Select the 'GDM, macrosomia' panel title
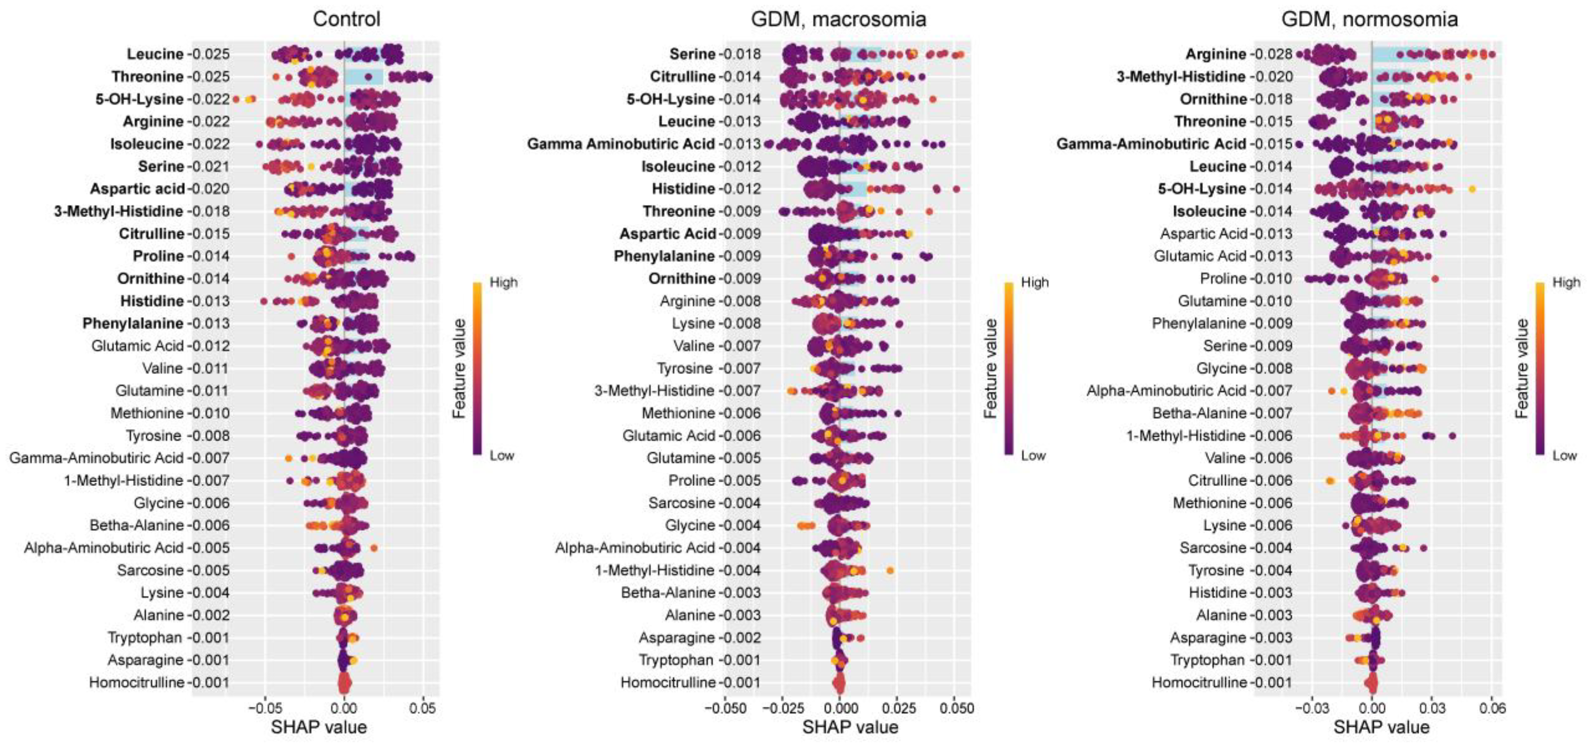click(x=838, y=19)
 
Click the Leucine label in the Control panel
click(x=155, y=54)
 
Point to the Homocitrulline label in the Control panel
click(x=137, y=683)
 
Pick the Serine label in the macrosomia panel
click(x=692, y=54)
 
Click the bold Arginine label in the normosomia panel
click(x=1215, y=54)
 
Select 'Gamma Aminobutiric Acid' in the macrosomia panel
click(x=621, y=144)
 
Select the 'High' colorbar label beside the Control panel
click(x=503, y=283)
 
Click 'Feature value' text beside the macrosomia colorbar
click(x=990, y=368)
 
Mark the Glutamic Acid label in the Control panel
click(x=137, y=346)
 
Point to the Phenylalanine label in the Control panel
click(x=133, y=324)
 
